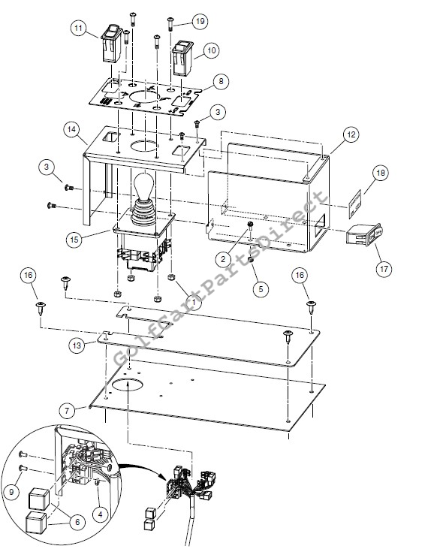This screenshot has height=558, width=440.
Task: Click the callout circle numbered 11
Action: point(79,28)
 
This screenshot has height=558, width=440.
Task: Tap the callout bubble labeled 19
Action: point(200,21)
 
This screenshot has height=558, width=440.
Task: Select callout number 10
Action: point(211,50)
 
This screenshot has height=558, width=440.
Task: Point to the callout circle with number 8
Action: point(221,81)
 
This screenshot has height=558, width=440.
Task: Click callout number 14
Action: point(71,129)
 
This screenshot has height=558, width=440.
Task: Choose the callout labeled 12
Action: point(351,134)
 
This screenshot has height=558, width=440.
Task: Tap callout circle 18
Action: point(381,173)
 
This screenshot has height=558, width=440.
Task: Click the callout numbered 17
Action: point(384,268)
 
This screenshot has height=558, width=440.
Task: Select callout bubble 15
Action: point(74,240)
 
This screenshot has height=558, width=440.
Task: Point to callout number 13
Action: point(77,345)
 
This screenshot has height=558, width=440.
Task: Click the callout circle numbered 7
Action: point(67,411)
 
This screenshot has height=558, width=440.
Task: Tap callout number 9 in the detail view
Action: point(12,491)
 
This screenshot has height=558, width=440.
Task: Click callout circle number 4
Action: point(100,514)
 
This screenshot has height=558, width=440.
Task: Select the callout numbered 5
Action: point(261,288)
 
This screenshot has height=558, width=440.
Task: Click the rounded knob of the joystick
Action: point(145,185)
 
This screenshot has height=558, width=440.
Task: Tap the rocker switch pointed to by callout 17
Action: point(364,235)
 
